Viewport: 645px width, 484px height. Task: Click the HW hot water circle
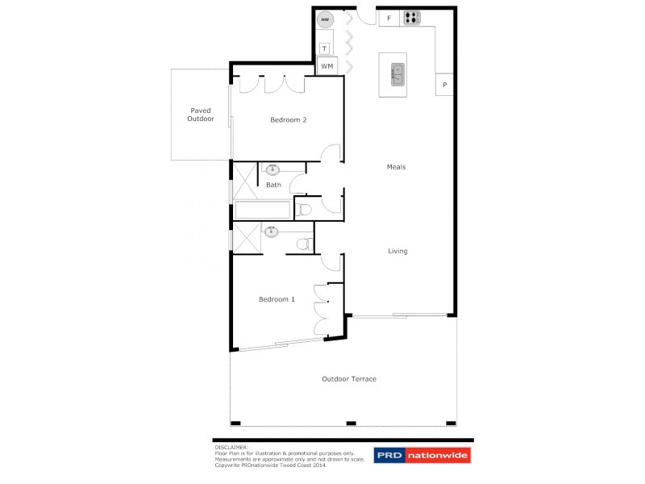point(326,19)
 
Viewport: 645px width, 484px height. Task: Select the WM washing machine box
point(327,66)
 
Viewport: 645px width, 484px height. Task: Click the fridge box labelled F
point(389,18)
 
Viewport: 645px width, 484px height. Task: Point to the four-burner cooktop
point(412,18)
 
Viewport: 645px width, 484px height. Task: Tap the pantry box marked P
point(444,84)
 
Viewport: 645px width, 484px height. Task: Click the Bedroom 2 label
point(288,120)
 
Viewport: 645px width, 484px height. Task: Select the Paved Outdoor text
point(201,115)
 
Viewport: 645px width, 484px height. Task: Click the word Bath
point(273,185)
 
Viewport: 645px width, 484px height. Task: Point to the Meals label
point(396,167)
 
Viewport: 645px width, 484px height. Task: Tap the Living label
point(397,251)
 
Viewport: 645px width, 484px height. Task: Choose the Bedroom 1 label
point(277,299)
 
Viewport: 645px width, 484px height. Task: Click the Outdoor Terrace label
point(349,378)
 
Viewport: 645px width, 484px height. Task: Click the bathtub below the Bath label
point(263,211)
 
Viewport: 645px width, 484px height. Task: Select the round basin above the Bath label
point(273,169)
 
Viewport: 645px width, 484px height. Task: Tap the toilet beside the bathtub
point(303,210)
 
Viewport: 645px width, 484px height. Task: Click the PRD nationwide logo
point(422,456)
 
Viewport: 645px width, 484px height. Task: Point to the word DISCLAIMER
point(232,446)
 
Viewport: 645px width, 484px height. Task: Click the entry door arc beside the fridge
point(364,16)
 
